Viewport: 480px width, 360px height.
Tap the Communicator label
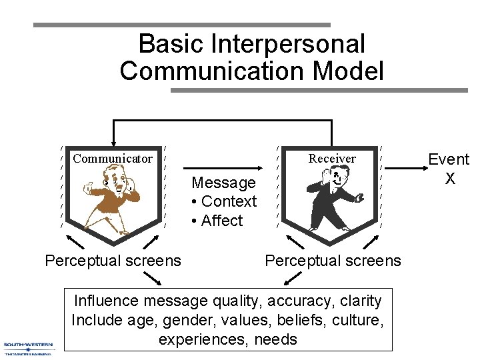pos(113,159)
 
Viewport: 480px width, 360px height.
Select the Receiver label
pos(331,159)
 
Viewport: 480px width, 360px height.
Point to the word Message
pos(223,183)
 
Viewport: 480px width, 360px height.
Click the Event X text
pos(449,169)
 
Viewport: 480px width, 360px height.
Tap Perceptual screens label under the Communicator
pos(113,260)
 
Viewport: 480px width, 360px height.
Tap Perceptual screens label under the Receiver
pos(333,260)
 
